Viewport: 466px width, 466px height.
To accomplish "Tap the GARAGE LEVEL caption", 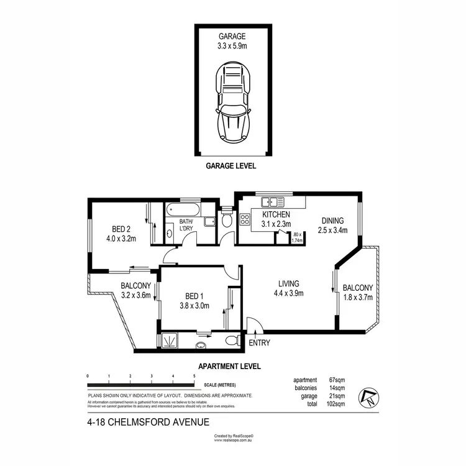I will pyautogui.click(x=231, y=167).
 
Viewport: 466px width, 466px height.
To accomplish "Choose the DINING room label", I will pyautogui.click(x=332, y=220).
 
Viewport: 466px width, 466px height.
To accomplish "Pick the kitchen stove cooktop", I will pyautogui.click(x=245, y=220).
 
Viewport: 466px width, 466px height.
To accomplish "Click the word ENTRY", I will pyautogui.click(x=259, y=343).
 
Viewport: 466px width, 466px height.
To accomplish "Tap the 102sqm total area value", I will pyautogui.click(x=336, y=403).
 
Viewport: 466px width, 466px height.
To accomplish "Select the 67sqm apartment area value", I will pyautogui.click(x=336, y=380).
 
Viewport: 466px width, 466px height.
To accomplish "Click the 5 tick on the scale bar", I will pyautogui.click(x=194, y=377).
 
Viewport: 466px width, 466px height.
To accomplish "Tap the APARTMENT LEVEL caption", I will pyautogui.click(x=229, y=366).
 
